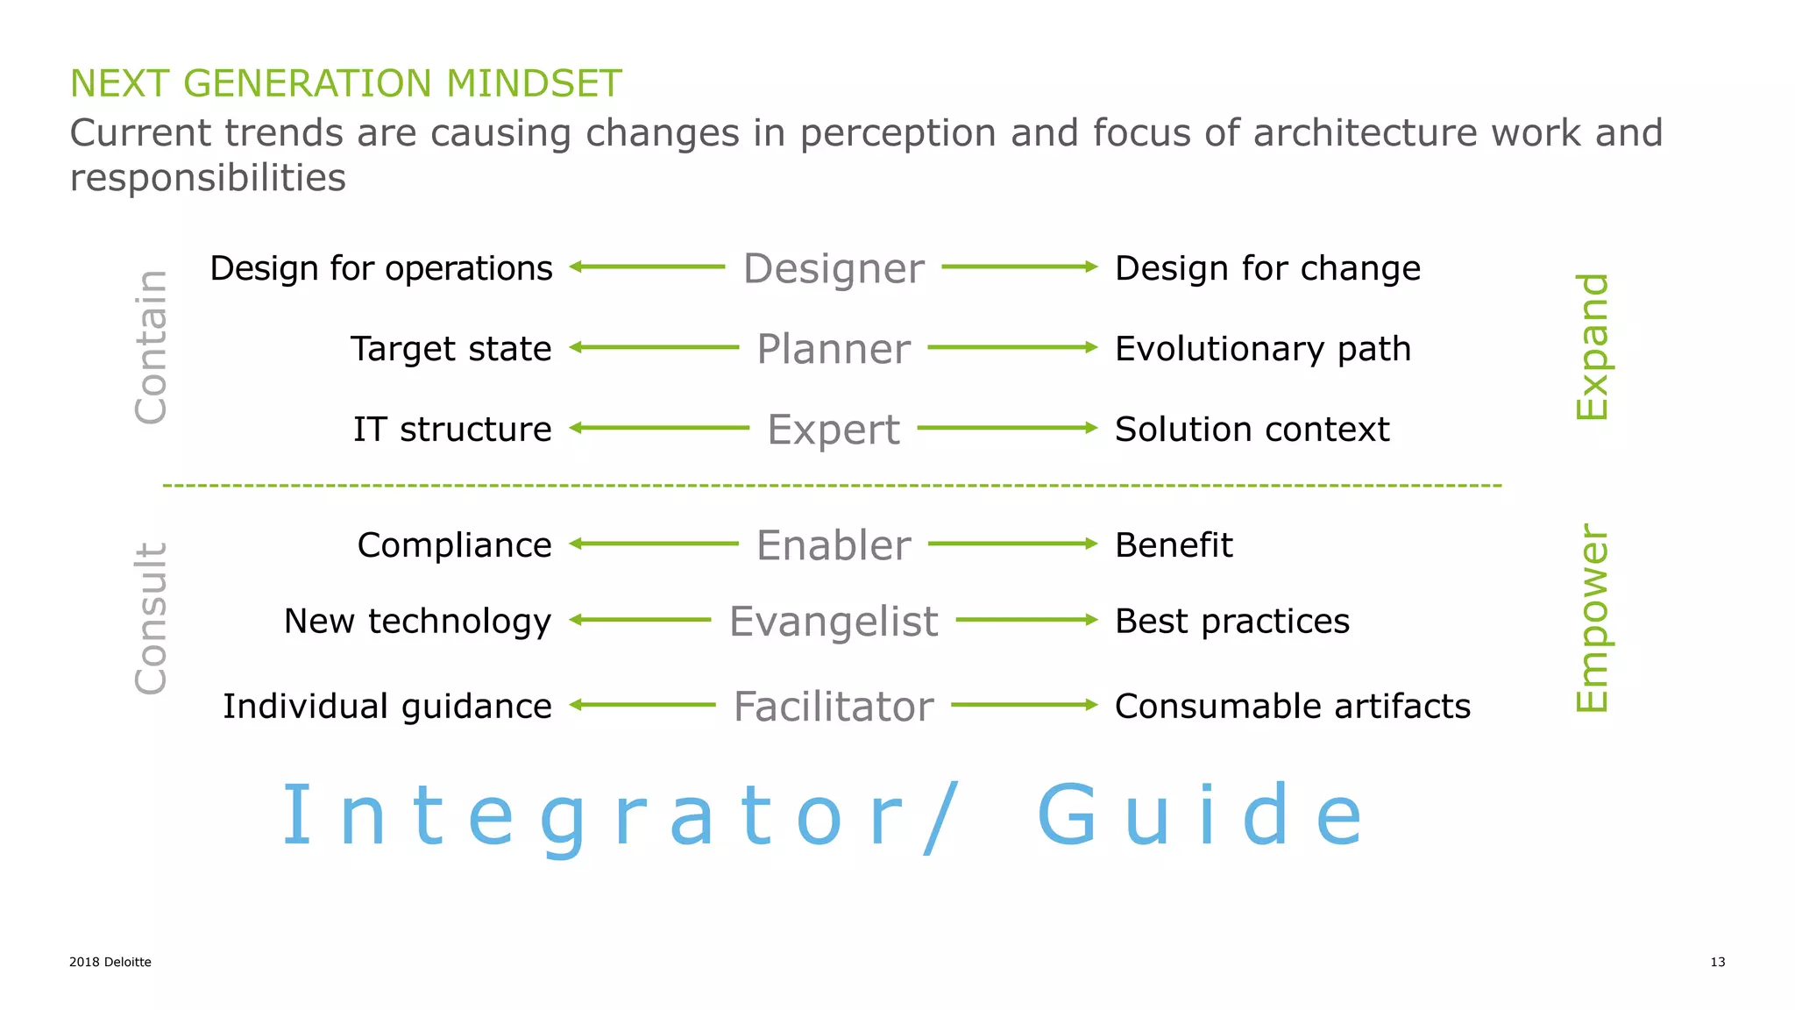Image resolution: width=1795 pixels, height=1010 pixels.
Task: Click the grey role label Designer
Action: tap(833, 268)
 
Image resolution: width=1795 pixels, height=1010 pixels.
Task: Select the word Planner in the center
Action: tap(833, 349)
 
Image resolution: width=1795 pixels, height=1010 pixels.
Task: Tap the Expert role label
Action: tap(833, 430)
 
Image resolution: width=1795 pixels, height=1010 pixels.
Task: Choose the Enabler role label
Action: tap(833, 545)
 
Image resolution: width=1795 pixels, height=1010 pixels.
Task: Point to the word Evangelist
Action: tap(833, 622)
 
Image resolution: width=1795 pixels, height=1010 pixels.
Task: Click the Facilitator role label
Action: tap(833, 707)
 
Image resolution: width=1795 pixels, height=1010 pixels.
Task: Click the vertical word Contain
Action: tap(151, 347)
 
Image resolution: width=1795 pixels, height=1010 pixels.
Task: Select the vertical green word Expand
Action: tap(1592, 347)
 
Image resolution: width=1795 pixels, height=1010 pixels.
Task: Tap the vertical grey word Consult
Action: tap(151, 619)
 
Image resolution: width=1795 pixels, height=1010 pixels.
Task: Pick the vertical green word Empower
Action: tap(1592, 619)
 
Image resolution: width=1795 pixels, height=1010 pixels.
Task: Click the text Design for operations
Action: tap(381, 268)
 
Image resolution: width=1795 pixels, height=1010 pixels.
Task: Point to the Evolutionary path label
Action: tap(1263, 349)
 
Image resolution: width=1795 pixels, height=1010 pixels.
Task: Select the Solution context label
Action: tap(1252, 430)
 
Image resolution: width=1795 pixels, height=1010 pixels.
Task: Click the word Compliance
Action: tap(454, 545)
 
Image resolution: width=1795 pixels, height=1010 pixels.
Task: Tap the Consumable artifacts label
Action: tap(1293, 707)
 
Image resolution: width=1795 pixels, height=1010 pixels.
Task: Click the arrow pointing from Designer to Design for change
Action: tap(1019, 267)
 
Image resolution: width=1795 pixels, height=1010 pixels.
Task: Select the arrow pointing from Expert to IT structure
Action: tap(659, 428)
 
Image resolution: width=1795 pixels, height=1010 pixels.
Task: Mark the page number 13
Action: tap(1717, 962)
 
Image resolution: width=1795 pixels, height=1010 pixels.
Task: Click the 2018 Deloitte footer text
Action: tap(110, 962)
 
